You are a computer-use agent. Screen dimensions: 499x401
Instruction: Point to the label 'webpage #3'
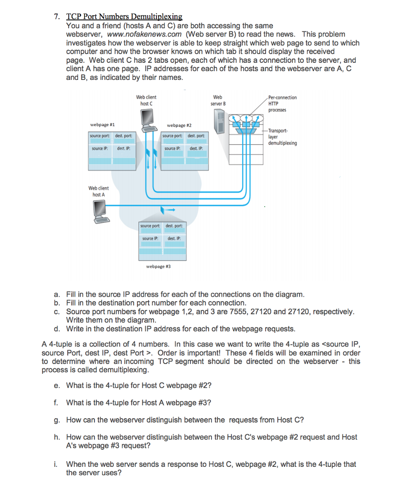pos(158,267)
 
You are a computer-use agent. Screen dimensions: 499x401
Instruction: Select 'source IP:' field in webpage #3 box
pos(151,238)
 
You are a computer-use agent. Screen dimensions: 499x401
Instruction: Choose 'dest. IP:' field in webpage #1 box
pos(123,148)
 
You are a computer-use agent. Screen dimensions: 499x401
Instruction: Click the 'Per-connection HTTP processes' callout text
pos(282,104)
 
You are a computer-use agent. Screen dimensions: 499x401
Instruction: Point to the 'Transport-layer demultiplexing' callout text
pos(282,137)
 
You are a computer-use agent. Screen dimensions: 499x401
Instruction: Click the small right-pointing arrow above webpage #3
pos(169,211)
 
